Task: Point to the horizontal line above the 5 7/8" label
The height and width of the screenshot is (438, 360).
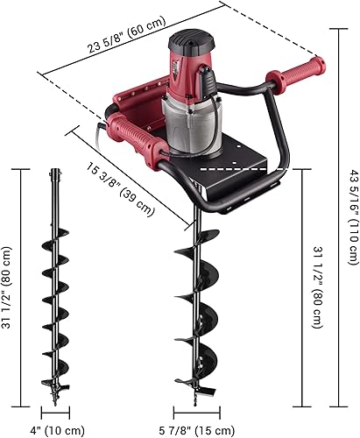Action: pos(197,412)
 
